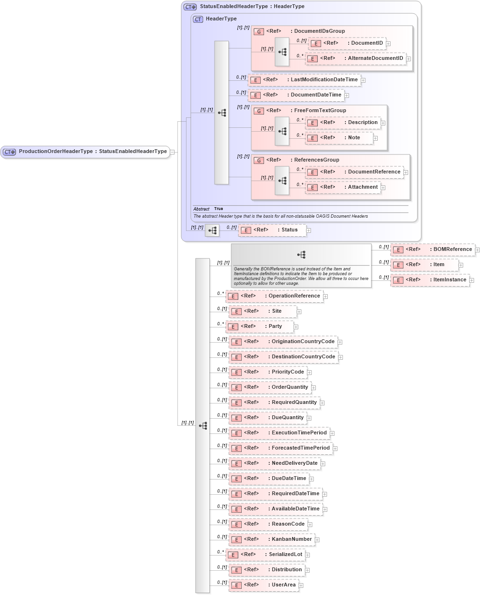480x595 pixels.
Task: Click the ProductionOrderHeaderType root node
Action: coord(86,152)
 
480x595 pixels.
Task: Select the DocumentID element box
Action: coord(347,43)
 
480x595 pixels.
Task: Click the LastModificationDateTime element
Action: coord(304,80)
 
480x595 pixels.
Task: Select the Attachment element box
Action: coord(343,187)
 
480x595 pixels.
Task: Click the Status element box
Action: coord(272,230)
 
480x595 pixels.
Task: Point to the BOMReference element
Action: coord(432,250)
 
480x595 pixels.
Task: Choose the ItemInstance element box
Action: coord(430,280)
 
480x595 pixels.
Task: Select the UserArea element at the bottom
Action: coord(264,585)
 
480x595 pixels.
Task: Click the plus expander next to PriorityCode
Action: coord(309,373)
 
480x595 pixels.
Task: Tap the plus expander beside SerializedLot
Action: coord(308,555)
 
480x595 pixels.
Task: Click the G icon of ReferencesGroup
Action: coord(259,161)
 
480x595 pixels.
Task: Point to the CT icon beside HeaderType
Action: coord(198,19)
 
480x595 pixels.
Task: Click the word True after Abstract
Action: coord(218,209)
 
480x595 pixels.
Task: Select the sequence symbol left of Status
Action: coord(212,230)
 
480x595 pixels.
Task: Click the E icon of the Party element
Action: coord(233,327)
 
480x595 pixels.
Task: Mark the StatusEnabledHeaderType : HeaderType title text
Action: coord(252,7)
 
